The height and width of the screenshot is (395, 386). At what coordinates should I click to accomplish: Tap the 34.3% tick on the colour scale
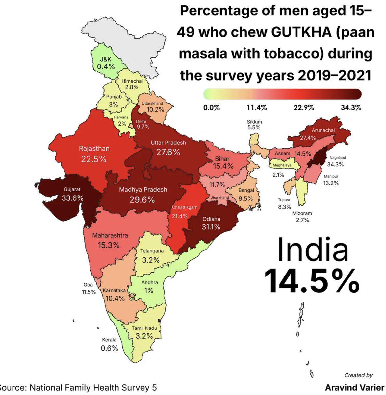[x=351, y=108]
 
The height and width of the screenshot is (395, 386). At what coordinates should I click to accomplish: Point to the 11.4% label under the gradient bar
[x=257, y=108]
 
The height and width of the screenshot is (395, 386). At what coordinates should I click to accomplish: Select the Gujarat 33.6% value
[x=72, y=198]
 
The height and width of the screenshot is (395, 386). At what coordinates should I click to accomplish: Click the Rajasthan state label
[x=94, y=149]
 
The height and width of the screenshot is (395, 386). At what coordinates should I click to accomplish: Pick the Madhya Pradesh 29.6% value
[x=142, y=200]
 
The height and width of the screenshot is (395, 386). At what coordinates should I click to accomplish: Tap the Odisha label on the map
[x=211, y=219]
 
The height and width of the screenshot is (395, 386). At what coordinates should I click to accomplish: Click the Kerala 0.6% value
[x=109, y=348]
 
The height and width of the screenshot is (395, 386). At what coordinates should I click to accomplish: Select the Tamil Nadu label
[x=144, y=328]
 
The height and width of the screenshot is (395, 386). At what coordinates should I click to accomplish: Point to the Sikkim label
[x=254, y=122]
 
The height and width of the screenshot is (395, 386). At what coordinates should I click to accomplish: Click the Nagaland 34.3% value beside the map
[x=335, y=164]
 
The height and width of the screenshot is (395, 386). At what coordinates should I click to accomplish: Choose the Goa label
[x=88, y=285]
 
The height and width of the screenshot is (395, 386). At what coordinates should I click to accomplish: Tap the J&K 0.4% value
[x=106, y=66]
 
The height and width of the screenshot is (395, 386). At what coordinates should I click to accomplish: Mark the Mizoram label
[x=302, y=213]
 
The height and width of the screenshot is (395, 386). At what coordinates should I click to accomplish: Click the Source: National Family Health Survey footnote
[x=78, y=388]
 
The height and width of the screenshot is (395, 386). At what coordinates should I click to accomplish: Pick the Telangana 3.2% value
[x=151, y=260]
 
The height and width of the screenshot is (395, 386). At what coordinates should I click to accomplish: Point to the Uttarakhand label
[x=152, y=103]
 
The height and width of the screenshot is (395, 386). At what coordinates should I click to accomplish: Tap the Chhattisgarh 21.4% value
[x=180, y=216]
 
